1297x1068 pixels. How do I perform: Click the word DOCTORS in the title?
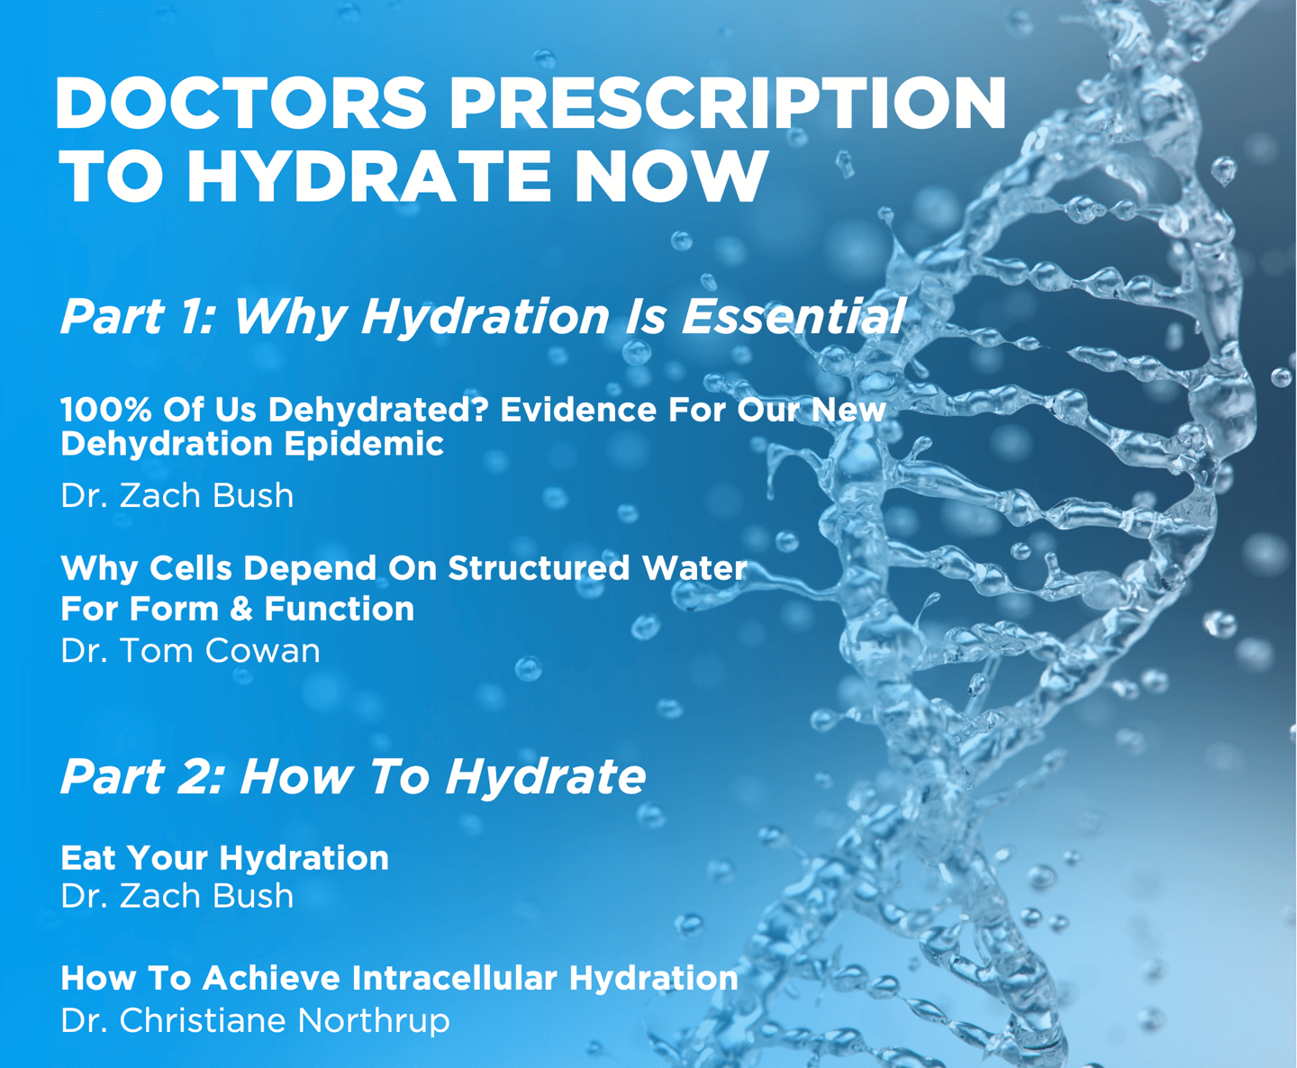pos(240,103)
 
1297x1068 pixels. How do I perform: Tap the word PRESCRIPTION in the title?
pos(728,103)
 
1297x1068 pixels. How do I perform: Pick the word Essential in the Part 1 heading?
pos(792,316)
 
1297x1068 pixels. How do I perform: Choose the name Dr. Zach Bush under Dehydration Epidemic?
pos(177,496)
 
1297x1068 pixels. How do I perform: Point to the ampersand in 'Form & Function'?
pos(241,609)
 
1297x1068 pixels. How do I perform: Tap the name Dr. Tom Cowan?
pos(190,651)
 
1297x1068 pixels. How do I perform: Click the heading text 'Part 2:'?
pos(141,777)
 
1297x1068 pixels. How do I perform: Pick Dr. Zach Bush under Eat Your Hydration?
pos(177,896)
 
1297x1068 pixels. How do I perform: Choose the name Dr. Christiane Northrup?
pos(255,1021)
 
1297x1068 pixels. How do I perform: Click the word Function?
pos(340,609)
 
